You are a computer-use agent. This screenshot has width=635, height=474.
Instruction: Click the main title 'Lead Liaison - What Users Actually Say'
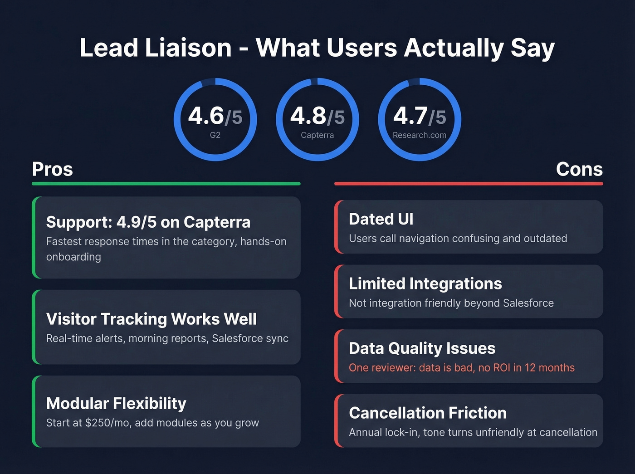(x=317, y=48)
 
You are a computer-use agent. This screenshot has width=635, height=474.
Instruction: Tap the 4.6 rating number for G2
(x=206, y=116)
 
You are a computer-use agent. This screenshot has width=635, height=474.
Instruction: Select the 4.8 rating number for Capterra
(x=308, y=116)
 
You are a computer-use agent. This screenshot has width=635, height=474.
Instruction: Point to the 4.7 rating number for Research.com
(x=410, y=116)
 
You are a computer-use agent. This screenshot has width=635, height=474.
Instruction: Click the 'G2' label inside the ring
(x=215, y=135)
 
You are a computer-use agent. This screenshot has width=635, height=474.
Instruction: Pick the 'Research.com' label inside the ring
(x=420, y=135)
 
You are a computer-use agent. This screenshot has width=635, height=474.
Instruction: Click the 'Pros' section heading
(x=52, y=169)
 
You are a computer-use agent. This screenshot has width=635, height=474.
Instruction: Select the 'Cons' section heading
(x=579, y=169)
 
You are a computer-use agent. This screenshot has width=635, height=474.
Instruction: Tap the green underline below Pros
(x=166, y=184)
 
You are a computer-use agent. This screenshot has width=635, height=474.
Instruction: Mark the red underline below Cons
(x=469, y=184)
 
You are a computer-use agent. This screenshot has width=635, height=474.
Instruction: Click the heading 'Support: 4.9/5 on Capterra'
(x=148, y=222)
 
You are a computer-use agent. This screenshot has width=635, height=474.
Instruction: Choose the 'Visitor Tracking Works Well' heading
(x=151, y=319)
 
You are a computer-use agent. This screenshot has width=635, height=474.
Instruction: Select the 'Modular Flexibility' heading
(x=116, y=403)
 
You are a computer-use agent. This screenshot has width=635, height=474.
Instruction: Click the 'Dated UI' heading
(x=381, y=219)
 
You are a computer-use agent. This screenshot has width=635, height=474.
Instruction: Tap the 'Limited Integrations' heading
(x=425, y=283)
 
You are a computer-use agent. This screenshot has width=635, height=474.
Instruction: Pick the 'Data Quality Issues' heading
(x=422, y=348)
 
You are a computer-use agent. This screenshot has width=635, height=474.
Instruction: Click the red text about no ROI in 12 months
(x=462, y=368)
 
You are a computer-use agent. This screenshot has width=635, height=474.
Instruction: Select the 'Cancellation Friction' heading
(x=428, y=413)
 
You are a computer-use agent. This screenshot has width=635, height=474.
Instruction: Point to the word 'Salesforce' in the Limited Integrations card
(x=528, y=303)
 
